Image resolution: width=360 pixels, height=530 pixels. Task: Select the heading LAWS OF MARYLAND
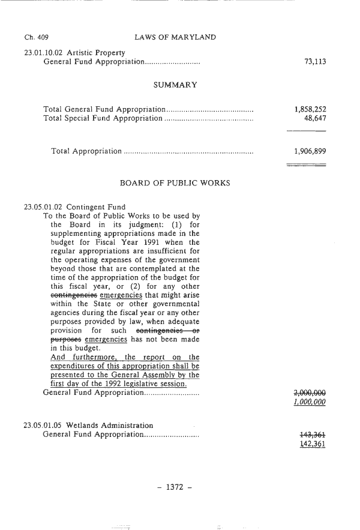(175, 38)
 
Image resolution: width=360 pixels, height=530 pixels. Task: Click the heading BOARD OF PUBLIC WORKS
(175, 182)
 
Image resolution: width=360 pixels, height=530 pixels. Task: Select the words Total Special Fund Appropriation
(103, 119)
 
